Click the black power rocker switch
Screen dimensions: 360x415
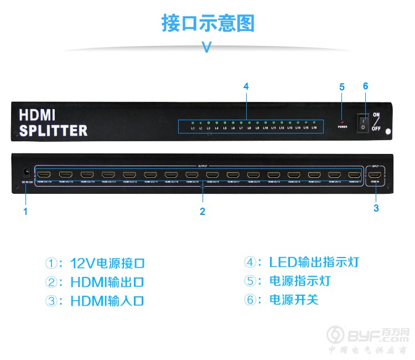363,122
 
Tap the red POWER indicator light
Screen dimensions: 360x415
342,122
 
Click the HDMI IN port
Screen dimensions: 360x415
376,175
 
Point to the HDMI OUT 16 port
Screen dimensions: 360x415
46,175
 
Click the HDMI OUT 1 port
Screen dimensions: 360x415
354,175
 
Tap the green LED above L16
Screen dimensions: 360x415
314,122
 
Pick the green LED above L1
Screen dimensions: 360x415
193,122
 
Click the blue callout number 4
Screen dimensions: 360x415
246,86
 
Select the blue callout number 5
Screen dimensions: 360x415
342,87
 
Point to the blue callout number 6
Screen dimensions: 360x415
365,86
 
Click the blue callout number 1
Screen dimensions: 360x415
25,210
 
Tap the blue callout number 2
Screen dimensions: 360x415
203,211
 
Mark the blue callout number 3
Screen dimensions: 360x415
376,208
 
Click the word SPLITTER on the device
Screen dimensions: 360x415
53,131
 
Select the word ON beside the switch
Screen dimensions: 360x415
376,116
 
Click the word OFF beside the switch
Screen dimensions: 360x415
376,128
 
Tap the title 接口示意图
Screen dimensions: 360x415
207,23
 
